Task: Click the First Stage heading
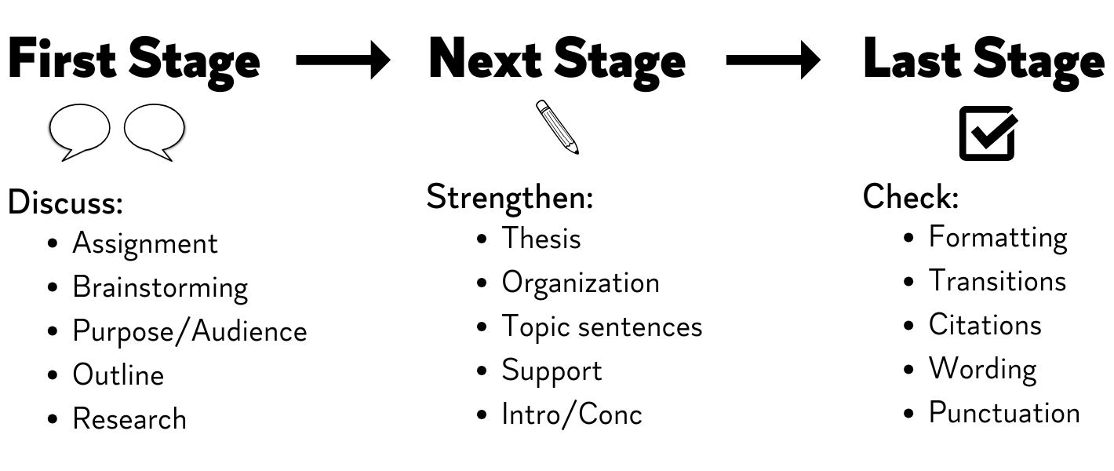click(134, 62)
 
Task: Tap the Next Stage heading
click(557, 62)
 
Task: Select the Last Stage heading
click(985, 62)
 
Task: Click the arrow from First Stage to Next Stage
click(343, 60)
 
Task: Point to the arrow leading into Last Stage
click(774, 60)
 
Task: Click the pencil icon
click(558, 127)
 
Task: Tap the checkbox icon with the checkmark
click(988, 133)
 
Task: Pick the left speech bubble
click(79, 132)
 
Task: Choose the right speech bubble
click(155, 132)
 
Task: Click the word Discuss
click(65, 203)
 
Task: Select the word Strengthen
click(510, 197)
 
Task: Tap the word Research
click(129, 418)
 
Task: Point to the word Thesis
click(541, 238)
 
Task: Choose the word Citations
click(985, 325)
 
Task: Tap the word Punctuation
click(1005, 413)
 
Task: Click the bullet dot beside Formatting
click(908, 238)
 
